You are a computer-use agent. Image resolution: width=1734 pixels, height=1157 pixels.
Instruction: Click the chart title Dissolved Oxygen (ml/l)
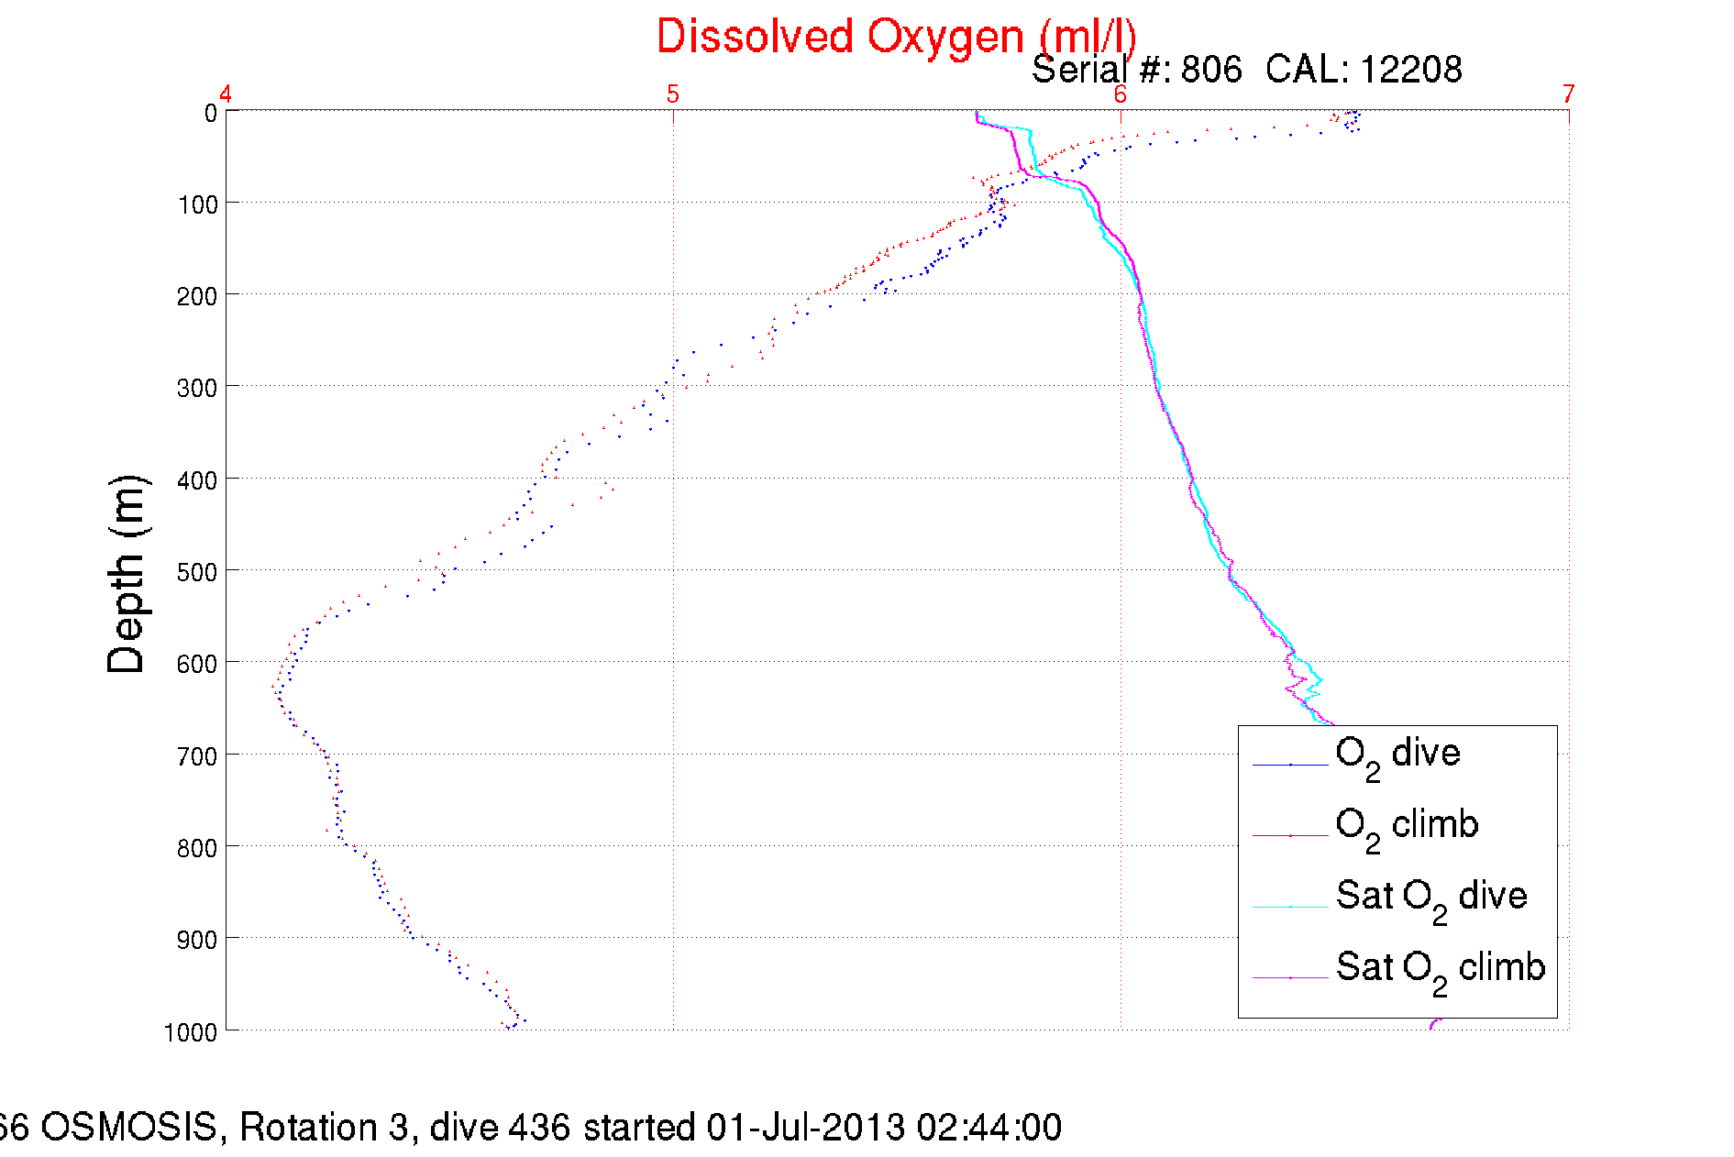point(896,37)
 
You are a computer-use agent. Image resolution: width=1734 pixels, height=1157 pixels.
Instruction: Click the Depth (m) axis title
point(127,575)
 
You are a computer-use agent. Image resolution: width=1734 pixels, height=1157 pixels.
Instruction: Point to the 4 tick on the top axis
point(226,94)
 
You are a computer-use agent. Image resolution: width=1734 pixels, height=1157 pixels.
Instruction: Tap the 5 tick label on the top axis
point(673,94)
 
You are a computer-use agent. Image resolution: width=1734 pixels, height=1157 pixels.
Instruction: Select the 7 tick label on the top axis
point(1568,94)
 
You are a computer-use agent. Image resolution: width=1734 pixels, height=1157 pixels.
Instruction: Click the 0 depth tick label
point(210,113)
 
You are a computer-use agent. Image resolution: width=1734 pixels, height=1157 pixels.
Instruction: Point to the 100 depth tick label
point(197,204)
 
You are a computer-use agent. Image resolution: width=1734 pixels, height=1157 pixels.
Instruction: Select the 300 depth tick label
point(197,388)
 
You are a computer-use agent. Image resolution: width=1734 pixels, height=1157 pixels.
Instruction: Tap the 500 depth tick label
point(197,572)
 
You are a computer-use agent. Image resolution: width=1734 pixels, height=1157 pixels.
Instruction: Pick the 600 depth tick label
point(197,664)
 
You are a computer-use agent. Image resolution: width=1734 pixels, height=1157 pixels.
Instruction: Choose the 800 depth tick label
point(197,848)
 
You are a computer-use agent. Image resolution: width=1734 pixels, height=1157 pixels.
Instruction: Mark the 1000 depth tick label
point(191,1032)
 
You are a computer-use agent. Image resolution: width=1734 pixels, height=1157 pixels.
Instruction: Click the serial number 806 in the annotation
point(1210,70)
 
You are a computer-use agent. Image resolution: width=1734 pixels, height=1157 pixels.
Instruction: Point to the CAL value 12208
point(1410,70)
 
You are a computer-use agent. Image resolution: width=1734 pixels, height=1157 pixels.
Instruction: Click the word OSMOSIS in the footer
point(128,1127)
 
